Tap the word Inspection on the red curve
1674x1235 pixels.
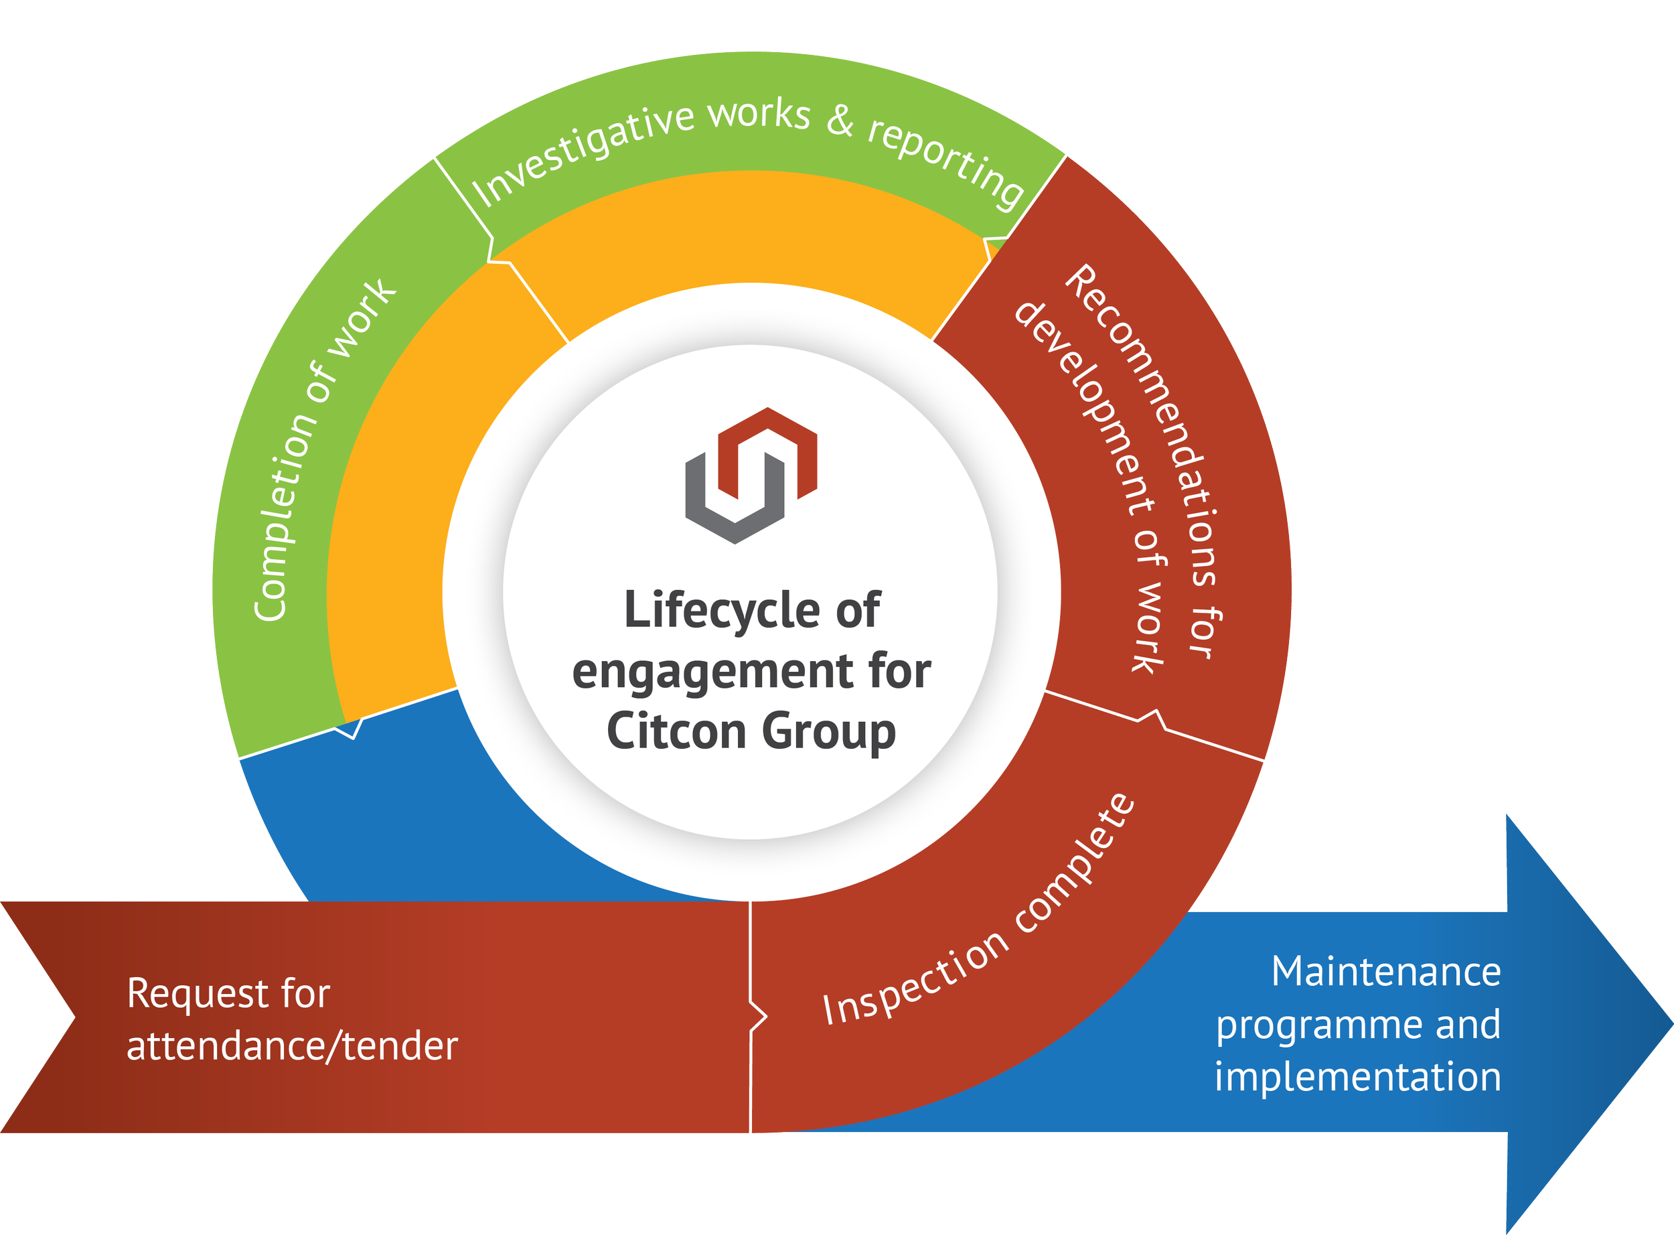(x=915, y=979)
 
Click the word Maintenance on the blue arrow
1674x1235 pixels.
(x=1385, y=972)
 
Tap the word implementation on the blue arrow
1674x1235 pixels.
(x=1357, y=1077)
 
